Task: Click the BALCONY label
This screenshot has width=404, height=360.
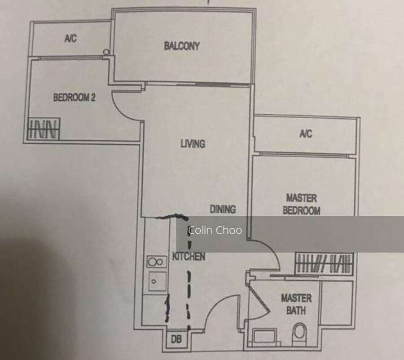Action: tap(182, 46)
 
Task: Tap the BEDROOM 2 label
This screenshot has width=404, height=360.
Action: tap(74, 97)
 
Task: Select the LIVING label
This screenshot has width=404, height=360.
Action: tap(193, 144)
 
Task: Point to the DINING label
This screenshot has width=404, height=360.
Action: tap(223, 209)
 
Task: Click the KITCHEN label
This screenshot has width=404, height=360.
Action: tap(189, 256)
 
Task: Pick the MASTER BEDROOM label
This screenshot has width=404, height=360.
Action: tap(302, 204)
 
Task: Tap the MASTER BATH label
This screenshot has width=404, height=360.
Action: tap(296, 304)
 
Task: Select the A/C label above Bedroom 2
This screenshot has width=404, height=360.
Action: tap(70, 38)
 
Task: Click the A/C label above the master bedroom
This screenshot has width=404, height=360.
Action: tap(306, 133)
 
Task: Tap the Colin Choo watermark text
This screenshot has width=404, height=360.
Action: tap(215, 230)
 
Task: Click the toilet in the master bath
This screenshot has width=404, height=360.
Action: tap(300, 333)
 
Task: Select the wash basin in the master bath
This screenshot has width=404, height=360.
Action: tap(265, 337)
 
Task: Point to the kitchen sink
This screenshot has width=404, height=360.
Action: tap(157, 281)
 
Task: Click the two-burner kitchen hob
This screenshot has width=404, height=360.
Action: tap(156, 262)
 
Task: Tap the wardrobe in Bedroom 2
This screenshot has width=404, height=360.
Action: tap(43, 129)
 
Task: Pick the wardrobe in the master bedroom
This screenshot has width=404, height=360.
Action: tap(324, 263)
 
